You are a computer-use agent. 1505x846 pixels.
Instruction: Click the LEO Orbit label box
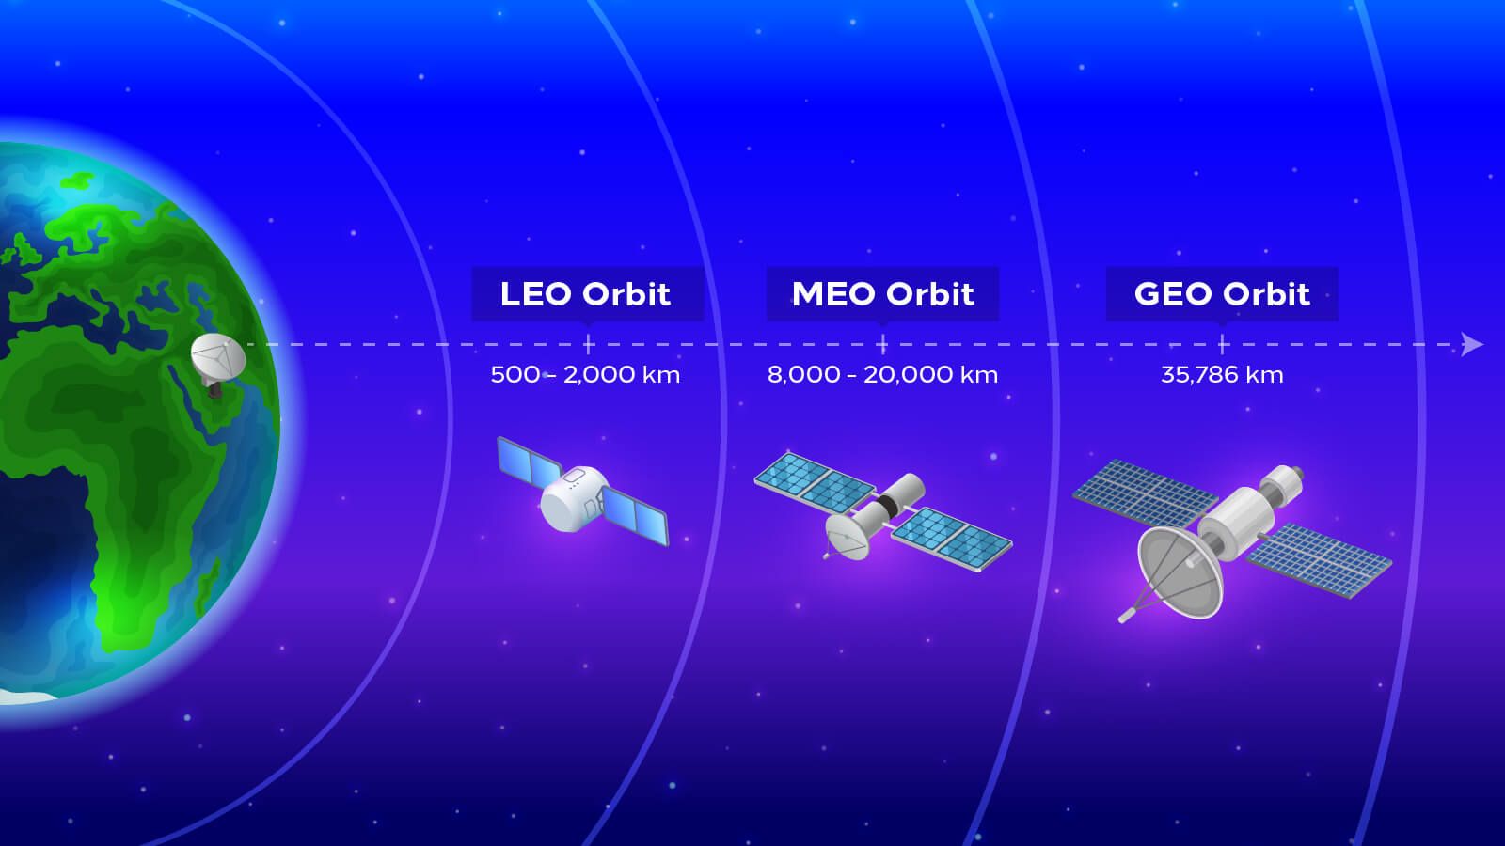pos(587,294)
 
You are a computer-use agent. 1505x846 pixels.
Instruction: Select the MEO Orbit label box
pos(882,294)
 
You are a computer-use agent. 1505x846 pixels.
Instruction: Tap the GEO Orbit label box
pos(1221,294)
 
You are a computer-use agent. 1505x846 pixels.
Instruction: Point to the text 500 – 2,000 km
pos(585,374)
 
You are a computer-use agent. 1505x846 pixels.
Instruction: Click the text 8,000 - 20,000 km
pos(882,374)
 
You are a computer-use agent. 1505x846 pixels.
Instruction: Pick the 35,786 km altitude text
pos(1221,374)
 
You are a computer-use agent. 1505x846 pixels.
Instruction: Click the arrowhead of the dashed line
pos(1473,345)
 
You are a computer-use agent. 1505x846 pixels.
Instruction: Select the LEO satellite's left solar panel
pos(529,462)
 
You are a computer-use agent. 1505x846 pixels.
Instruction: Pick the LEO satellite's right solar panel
pos(634,518)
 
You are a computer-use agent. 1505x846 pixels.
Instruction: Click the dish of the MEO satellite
pos(847,537)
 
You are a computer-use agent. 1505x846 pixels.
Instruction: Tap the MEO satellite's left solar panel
pos(815,482)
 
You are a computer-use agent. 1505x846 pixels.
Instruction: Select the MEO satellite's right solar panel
pos(951,539)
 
